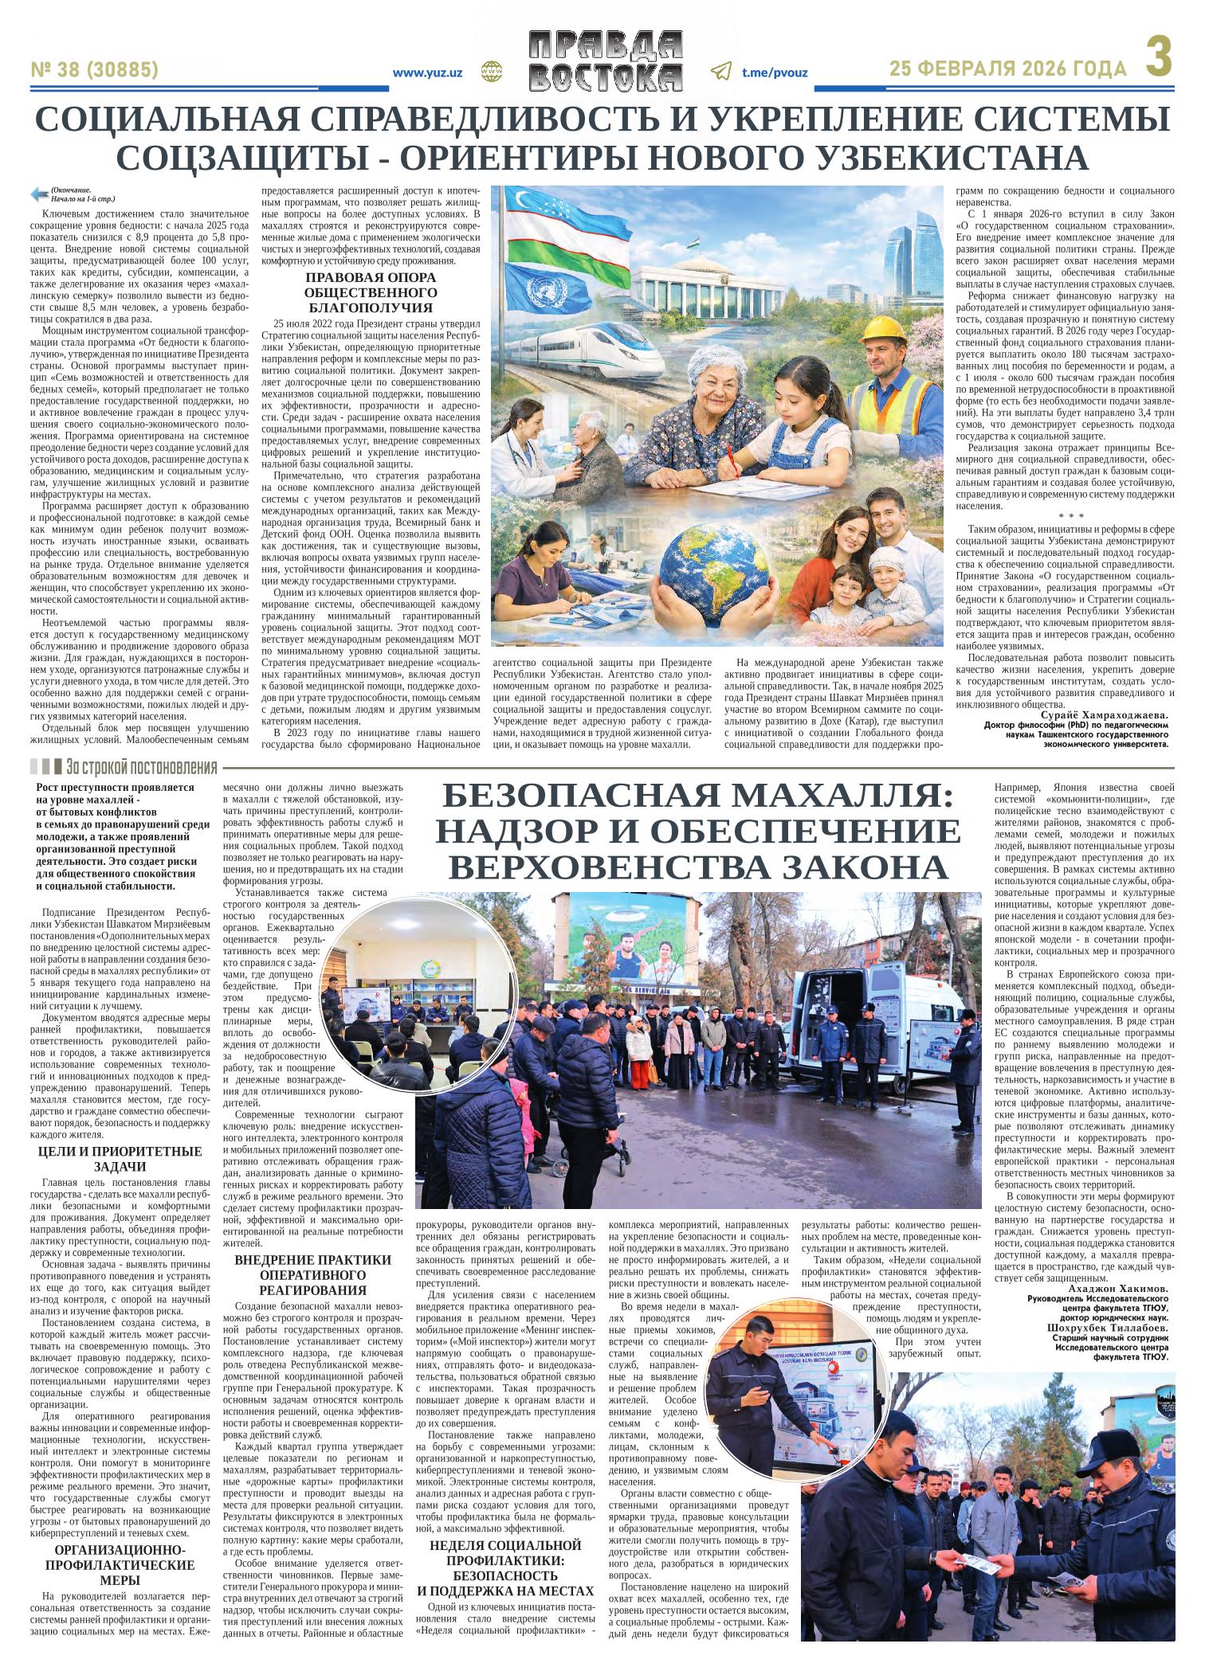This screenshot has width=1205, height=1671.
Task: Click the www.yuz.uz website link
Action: coord(428,72)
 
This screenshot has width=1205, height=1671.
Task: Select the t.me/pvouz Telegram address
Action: coord(775,72)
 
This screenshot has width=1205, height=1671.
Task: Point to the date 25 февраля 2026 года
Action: coord(1008,70)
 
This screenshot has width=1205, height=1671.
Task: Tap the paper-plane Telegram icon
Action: coord(720,72)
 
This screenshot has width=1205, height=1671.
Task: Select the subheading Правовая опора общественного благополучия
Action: coord(371,292)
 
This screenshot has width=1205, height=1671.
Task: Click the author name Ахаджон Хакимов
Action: coord(1117,1289)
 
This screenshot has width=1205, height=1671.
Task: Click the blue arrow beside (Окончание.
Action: coord(37,194)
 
